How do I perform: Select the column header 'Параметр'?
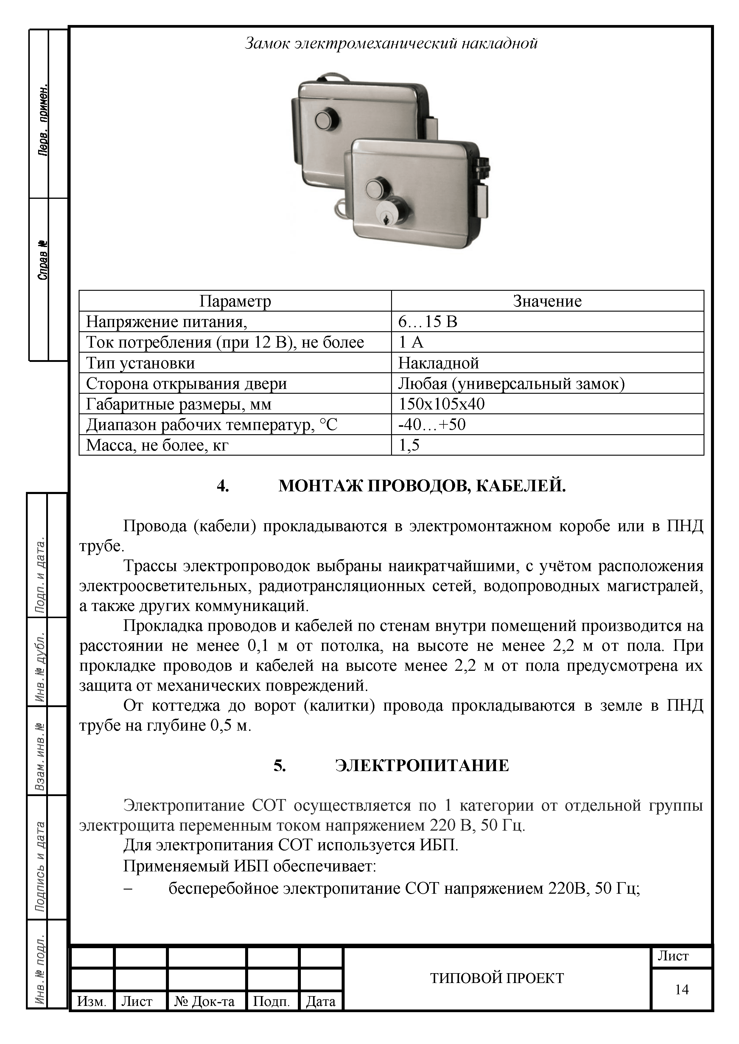pyautogui.click(x=235, y=301)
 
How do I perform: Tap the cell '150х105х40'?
pyautogui.click(x=441, y=404)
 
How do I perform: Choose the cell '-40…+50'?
pyautogui.click(x=432, y=424)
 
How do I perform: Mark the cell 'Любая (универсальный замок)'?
pyautogui.click(x=511, y=383)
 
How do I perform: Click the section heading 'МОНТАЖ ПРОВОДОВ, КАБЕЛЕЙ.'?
pyautogui.click(x=422, y=486)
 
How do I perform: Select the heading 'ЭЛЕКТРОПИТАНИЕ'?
pyautogui.click(x=422, y=766)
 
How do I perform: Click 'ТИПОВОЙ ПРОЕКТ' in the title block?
pyautogui.click(x=497, y=978)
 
